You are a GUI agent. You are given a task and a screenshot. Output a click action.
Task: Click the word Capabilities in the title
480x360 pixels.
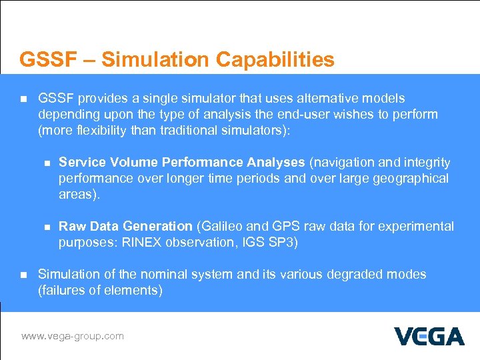click(x=275, y=60)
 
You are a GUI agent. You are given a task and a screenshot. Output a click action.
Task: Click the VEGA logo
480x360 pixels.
click(x=429, y=336)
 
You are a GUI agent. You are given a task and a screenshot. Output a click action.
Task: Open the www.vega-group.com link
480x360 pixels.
click(x=72, y=336)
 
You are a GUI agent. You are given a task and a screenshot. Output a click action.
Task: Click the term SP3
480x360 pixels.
click(x=283, y=243)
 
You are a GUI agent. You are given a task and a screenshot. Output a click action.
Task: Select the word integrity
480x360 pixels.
click(x=427, y=163)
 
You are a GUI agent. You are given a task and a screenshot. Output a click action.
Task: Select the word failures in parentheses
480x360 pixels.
click(x=65, y=291)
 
